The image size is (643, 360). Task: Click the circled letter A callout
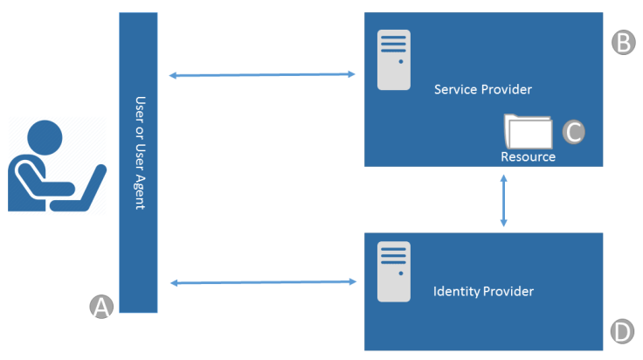click(102, 306)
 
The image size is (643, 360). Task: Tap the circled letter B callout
click(622, 43)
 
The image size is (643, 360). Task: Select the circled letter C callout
click(572, 131)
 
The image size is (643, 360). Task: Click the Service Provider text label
click(482, 90)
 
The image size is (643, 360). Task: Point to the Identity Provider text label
click(483, 290)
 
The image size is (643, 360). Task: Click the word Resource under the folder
click(528, 157)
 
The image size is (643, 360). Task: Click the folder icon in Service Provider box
click(529, 132)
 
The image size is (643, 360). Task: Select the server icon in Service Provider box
click(394, 59)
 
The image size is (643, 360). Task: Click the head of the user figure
click(44, 138)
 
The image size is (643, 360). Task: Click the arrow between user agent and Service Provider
click(262, 75)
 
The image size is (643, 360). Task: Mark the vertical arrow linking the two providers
click(503, 200)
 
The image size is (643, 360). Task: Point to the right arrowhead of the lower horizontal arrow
click(355, 281)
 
